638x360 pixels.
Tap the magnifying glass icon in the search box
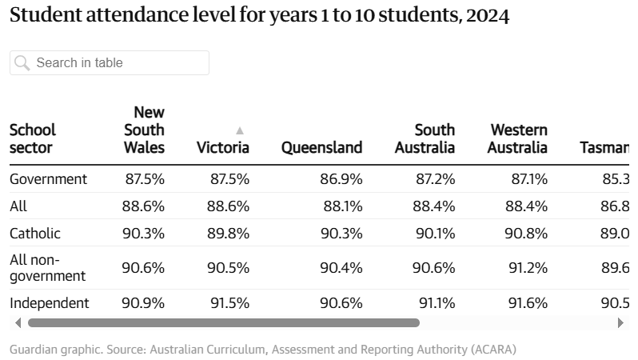(22, 62)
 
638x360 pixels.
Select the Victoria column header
(223, 147)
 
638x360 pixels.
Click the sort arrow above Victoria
(239, 130)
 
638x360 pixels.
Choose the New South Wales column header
(145, 130)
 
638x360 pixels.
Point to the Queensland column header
(321, 147)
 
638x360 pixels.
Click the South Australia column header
(425, 138)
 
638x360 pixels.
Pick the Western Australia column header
(517, 138)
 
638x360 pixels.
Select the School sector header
(33, 138)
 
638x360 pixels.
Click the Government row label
(48, 178)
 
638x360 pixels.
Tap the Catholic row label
(35, 233)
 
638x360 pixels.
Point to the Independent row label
(50, 303)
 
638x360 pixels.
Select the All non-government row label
(47, 268)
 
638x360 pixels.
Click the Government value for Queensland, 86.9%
(341, 178)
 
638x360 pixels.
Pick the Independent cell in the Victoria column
(229, 303)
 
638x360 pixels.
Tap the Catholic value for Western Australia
(528, 233)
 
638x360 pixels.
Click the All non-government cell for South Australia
(434, 268)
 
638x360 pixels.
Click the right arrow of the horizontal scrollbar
(620, 323)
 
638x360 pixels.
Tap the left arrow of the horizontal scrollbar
(18, 323)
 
